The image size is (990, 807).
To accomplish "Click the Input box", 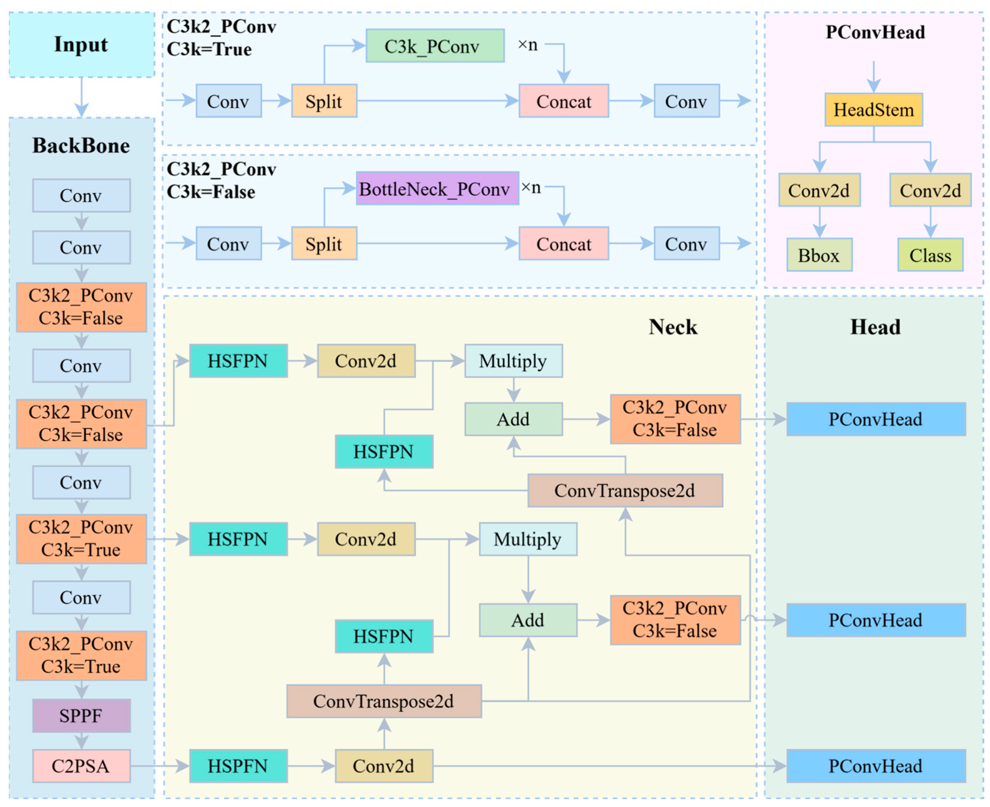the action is (x=82, y=45).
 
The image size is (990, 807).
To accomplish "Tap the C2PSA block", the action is (x=81, y=766).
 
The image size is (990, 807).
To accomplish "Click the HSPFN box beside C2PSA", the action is (x=238, y=766).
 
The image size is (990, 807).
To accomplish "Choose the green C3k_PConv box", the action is (x=435, y=46).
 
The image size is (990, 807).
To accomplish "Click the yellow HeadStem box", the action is (x=874, y=110).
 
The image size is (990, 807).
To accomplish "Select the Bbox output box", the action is (x=820, y=255).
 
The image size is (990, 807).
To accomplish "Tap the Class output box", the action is (x=930, y=255).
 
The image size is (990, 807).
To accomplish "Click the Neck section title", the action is (x=673, y=327).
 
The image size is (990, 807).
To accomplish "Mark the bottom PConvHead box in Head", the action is (x=876, y=766).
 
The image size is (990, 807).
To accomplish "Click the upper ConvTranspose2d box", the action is (x=625, y=491).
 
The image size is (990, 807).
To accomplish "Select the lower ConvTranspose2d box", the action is (x=384, y=701).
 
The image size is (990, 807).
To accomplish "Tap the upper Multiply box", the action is (x=514, y=361).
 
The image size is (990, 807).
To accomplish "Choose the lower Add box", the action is (x=528, y=620).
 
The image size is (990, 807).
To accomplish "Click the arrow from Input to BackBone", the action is (x=82, y=97).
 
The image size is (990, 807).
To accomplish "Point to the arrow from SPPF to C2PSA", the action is (x=82, y=741).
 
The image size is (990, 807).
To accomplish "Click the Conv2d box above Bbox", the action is (x=820, y=190).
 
